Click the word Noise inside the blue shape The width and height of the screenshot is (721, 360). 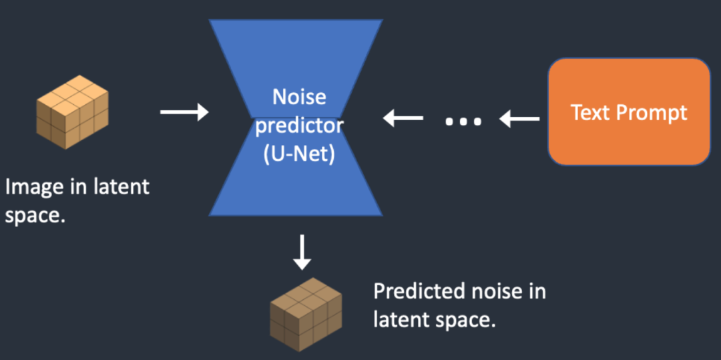pos(299,98)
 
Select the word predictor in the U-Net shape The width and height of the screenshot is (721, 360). pos(299,126)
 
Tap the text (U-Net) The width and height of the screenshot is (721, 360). pos(299,155)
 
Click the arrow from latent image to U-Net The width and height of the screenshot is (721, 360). pos(184,112)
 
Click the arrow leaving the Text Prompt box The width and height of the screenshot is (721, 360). pos(520,120)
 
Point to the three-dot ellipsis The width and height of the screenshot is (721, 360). pos(463,122)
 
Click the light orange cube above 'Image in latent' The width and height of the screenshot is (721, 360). pos(72,112)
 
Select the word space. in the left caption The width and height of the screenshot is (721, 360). pos(35,216)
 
